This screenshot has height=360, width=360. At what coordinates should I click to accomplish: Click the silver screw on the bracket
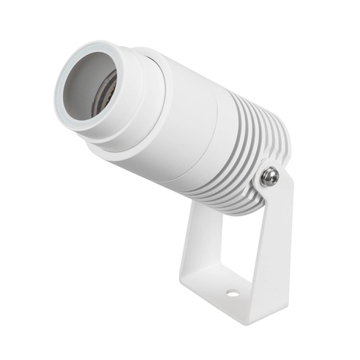(x=269, y=176)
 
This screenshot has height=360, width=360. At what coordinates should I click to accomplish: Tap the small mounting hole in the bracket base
(x=232, y=293)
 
